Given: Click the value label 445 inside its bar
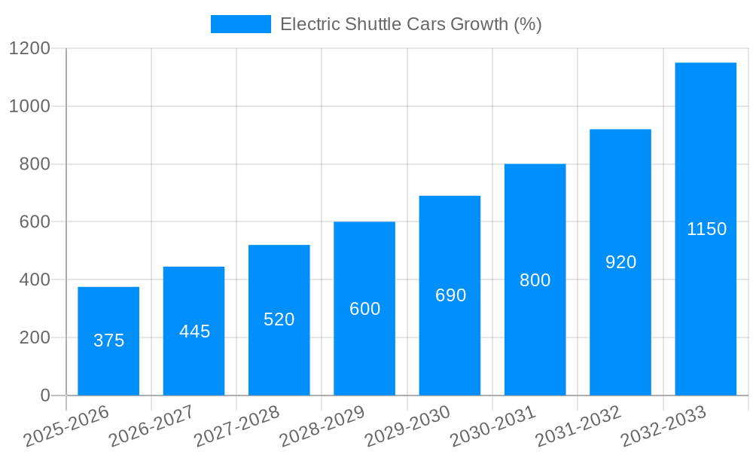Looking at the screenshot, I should [x=194, y=331].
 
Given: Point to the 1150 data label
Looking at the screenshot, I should [x=706, y=229].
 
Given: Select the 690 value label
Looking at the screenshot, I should [x=450, y=295].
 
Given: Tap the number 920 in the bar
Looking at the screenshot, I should [x=620, y=262].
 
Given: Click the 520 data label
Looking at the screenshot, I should [x=279, y=319].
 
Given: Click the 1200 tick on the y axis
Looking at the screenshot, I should [x=29, y=49].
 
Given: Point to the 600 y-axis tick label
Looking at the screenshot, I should [x=35, y=222].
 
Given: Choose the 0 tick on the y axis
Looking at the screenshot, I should [x=45, y=395].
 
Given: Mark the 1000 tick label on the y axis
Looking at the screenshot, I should [x=29, y=107].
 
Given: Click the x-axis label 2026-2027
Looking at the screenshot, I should [x=151, y=426].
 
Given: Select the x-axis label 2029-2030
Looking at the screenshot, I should [x=407, y=426].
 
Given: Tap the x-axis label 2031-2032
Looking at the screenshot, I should [x=578, y=426].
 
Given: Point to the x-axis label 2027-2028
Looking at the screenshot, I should [x=236, y=426].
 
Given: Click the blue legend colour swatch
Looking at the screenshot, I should [x=240, y=24].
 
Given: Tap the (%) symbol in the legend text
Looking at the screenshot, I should [x=527, y=24].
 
